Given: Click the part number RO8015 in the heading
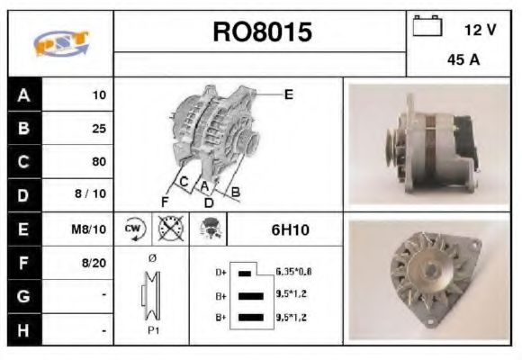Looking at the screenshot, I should point(261,32).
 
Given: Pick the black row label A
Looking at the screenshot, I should point(22,94).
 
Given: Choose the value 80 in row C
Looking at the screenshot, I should point(98,162).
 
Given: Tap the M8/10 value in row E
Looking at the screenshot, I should point(91,229).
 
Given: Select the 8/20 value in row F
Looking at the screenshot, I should point(94,263).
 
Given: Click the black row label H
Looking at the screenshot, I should point(22,330).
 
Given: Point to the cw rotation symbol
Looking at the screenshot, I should point(134,229).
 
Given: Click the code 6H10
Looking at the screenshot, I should point(290,230).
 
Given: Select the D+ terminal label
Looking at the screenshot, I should point(219,271).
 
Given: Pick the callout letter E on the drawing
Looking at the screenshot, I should point(289,94).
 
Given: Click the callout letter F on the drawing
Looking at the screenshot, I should point(165,200).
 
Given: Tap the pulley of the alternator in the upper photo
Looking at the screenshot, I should point(393,144).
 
